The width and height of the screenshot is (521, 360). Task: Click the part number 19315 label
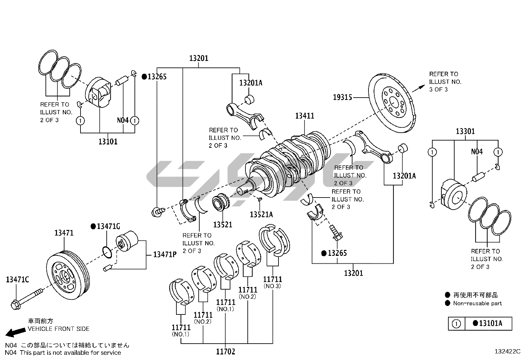pyautogui.click(x=343, y=97)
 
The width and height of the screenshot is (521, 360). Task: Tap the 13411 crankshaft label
pyautogui.click(x=304, y=116)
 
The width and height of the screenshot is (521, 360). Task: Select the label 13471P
pyautogui.click(x=165, y=254)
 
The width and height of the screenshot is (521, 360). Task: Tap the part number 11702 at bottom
pyautogui.click(x=225, y=352)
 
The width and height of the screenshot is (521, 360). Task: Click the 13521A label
pyautogui.click(x=261, y=215)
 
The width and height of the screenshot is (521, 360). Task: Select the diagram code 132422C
pyautogui.click(x=507, y=351)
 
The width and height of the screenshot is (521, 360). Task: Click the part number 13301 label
pyautogui.click(x=465, y=131)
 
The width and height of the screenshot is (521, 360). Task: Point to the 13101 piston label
pyautogui.click(x=108, y=142)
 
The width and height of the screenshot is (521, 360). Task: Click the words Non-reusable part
pyautogui.click(x=477, y=303)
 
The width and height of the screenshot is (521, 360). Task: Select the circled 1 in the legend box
pyautogui.click(x=456, y=324)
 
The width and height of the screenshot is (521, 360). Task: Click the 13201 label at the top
pyautogui.click(x=199, y=58)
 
